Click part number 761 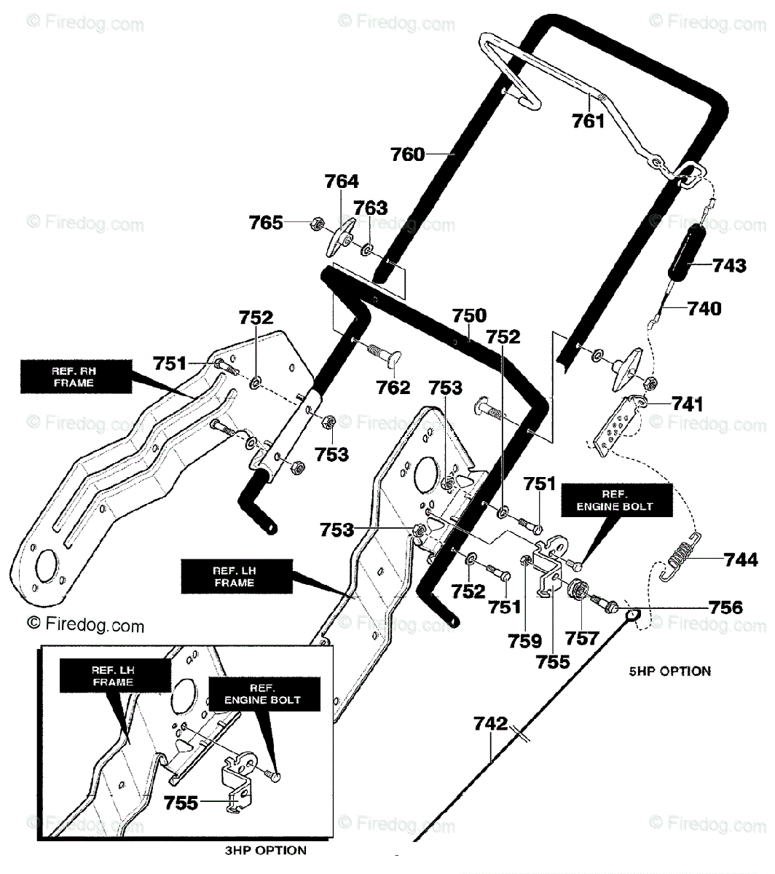[x=588, y=121]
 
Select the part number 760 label [x=407, y=154]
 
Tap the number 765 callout [x=266, y=223]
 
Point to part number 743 [x=729, y=265]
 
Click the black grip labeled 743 [x=688, y=253]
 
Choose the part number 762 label [x=393, y=387]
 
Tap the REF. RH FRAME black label [x=76, y=377]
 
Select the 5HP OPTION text [x=669, y=671]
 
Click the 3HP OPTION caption [x=265, y=850]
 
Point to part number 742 [x=490, y=723]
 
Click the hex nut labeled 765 [x=316, y=224]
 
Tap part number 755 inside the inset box [x=181, y=803]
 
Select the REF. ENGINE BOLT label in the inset [x=264, y=694]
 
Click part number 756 [x=725, y=607]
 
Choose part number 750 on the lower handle [x=468, y=315]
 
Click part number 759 [x=524, y=641]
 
